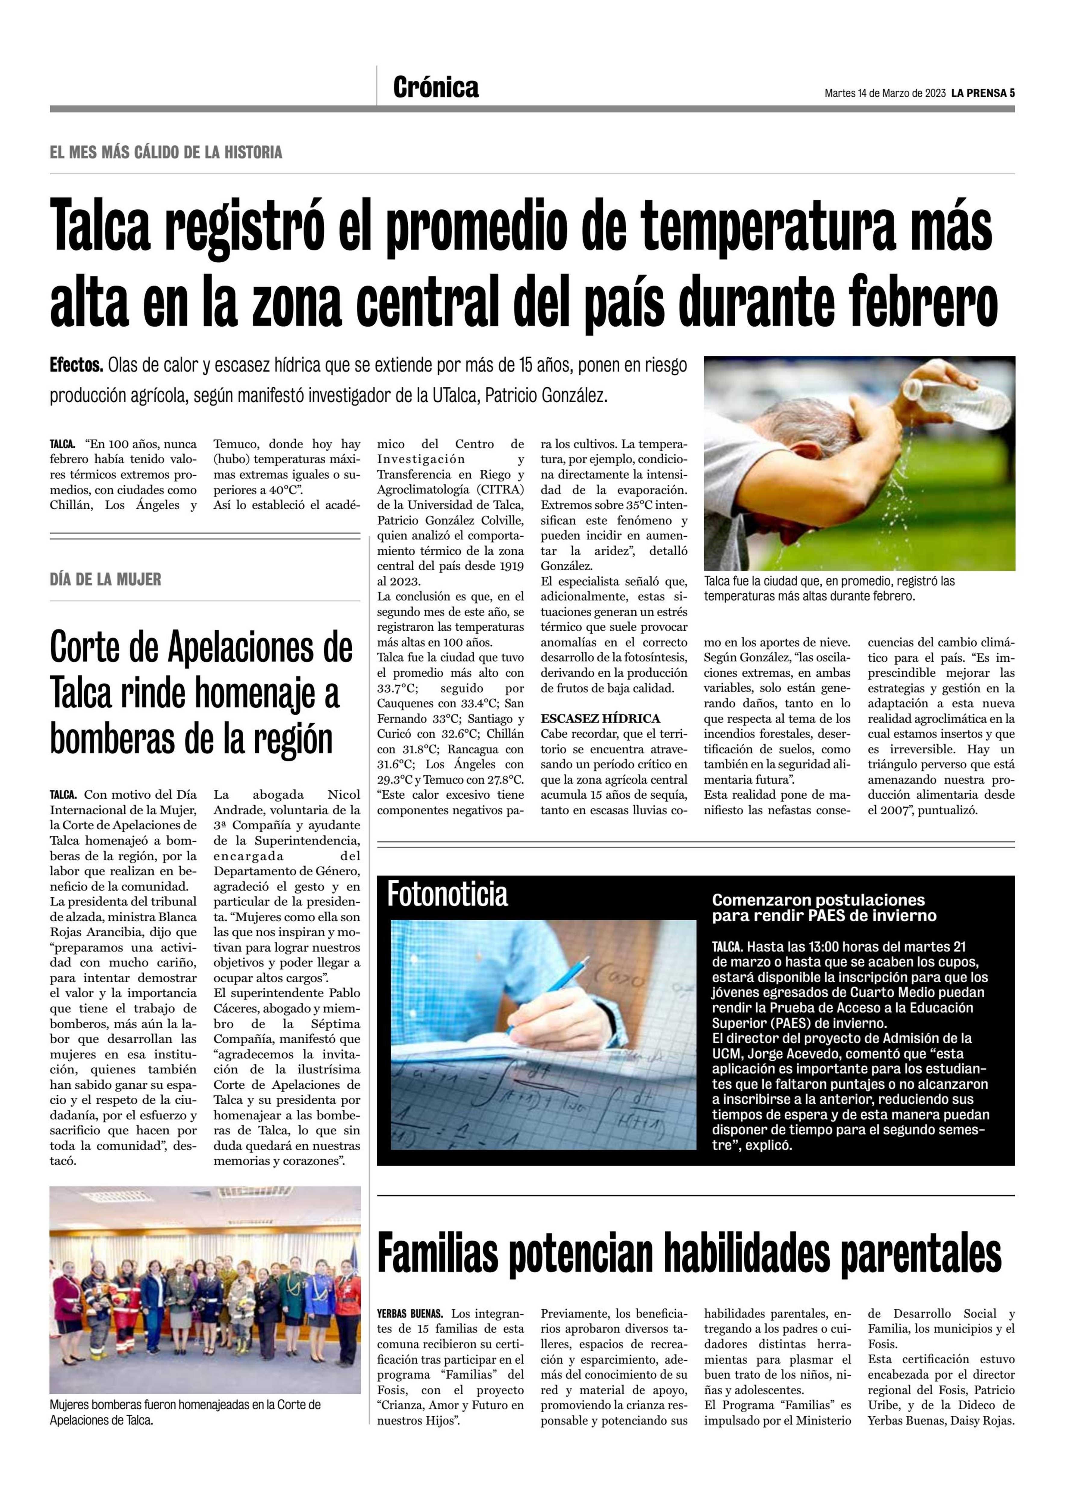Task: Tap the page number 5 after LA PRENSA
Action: tap(1012, 93)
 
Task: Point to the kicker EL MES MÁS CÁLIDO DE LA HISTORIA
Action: tap(166, 153)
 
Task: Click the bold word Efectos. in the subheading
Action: tap(76, 365)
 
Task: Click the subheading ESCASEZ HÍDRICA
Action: tap(600, 718)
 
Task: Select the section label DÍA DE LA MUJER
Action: tap(106, 579)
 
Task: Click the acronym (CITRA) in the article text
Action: tap(501, 489)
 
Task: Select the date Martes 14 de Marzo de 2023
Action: tap(885, 93)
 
